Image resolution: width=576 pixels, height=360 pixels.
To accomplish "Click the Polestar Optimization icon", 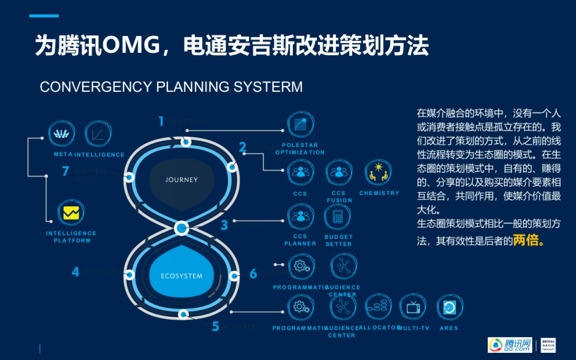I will pyautogui.click(x=300, y=125).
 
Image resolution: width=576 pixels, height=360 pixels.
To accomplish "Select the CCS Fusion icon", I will pyautogui.click(x=339, y=173).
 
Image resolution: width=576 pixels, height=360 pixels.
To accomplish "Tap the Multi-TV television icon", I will pyautogui.click(x=413, y=307).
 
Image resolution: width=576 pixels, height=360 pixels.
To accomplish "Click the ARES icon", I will pyautogui.click(x=449, y=307).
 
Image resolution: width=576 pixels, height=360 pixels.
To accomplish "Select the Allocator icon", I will pyautogui.click(x=379, y=307).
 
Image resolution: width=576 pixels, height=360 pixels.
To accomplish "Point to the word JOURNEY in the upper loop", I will pyautogui.click(x=181, y=180).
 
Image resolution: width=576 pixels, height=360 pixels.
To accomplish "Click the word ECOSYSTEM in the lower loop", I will pyautogui.click(x=181, y=276).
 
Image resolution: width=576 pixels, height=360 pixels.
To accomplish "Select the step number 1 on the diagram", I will pyautogui.click(x=161, y=121).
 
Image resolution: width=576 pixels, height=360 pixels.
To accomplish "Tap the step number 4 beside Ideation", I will pyautogui.click(x=75, y=272).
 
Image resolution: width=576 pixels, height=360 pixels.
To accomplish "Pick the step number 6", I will pyautogui.click(x=253, y=274).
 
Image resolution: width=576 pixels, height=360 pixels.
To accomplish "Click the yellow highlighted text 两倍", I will pyautogui.click(x=528, y=240).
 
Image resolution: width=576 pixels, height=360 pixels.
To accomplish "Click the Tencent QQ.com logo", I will pyautogui.click(x=510, y=344).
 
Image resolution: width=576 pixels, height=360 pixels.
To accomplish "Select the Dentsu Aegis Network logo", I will pyautogui.click(x=549, y=344).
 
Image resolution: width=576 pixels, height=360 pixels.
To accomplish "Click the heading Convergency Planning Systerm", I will pyautogui.click(x=171, y=87).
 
